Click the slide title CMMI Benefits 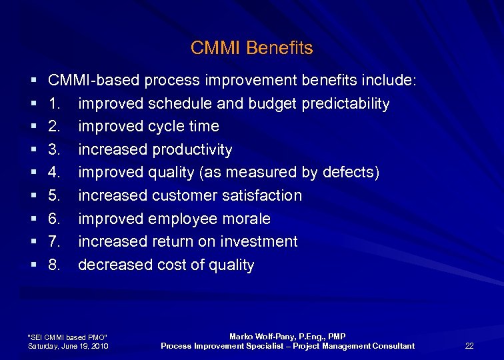[x=251, y=48]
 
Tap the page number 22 [x=469, y=345]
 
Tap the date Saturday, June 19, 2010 [x=68, y=346]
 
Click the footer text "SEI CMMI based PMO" [x=67, y=337]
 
